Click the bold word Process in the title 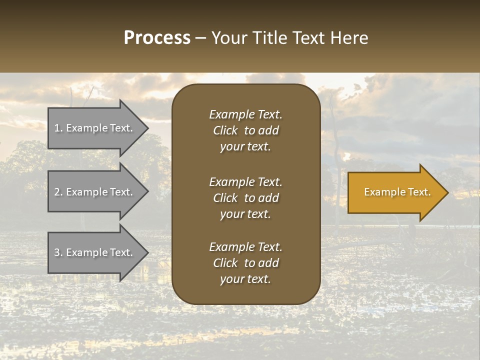click(x=157, y=38)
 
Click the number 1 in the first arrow click(x=57, y=128)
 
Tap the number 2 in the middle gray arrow click(x=57, y=192)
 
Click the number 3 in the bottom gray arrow click(x=57, y=252)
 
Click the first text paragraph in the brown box click(x=245, y=130)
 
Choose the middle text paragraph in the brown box click(x=245, y=197)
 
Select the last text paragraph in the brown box click(x=245, y=263)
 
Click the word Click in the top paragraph click(x=225, y=130)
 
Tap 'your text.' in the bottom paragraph click(x=245, y=279)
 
